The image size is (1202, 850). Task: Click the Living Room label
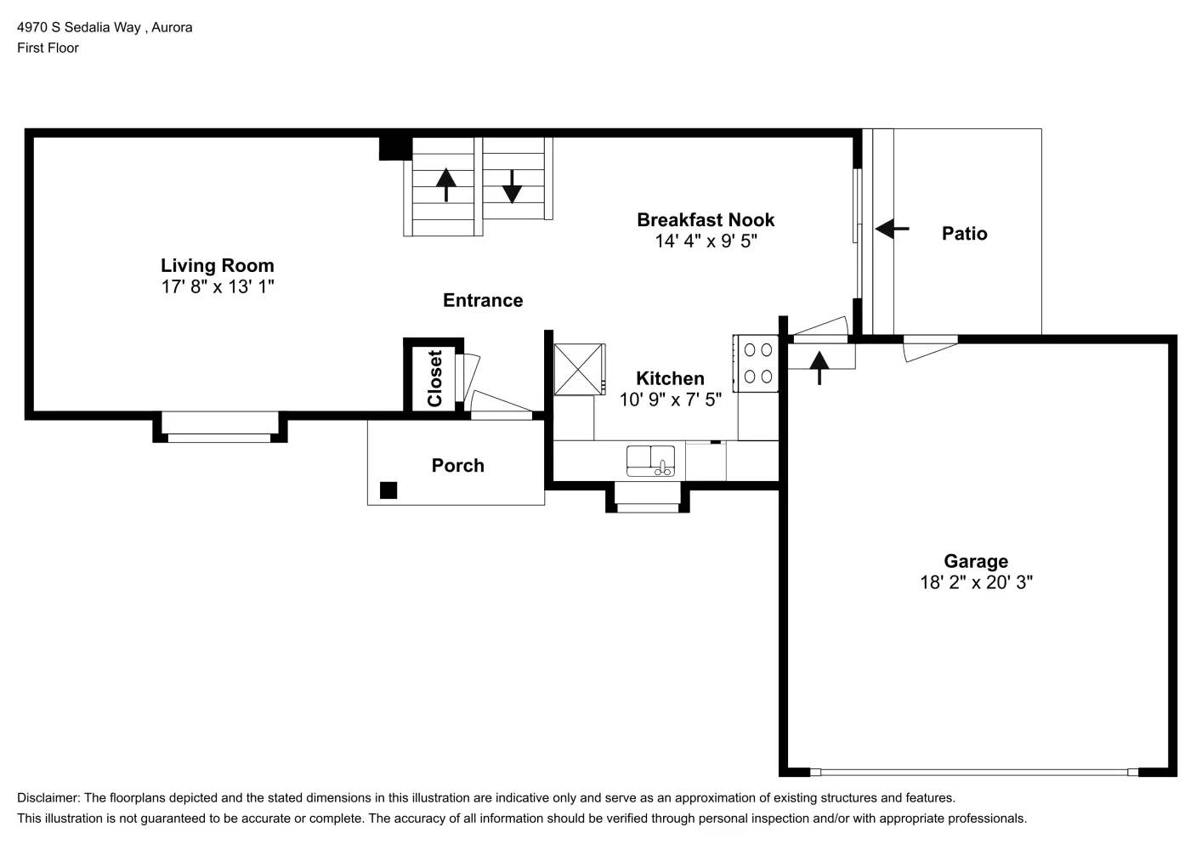pos(217,265)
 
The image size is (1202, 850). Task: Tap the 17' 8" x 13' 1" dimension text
pos(217,286)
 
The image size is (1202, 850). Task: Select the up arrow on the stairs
pos(446,184)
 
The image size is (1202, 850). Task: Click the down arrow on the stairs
pos(512,186)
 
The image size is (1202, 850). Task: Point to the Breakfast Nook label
pos(706,219)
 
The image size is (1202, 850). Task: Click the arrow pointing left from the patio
pos(892,229)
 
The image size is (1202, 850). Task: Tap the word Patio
pos(964,233)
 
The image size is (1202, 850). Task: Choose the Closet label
pos(434,378)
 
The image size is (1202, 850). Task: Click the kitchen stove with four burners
pos(757,363)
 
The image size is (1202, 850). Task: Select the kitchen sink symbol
pos(650,461)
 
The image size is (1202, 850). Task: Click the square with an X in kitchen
pos(579,369)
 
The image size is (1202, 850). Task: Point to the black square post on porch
pos(388,490)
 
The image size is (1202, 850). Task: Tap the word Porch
pos(457,465)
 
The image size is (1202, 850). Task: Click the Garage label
pos(976,561)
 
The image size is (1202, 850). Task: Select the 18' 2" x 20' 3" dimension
pos(976,582)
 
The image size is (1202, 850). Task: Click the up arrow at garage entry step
pos(819,366)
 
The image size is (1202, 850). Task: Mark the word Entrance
pos(483,300)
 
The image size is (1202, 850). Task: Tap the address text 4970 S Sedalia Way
pos(80,27)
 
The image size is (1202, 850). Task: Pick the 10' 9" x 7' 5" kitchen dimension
pos(670,399)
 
